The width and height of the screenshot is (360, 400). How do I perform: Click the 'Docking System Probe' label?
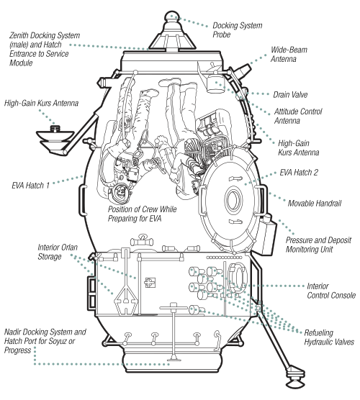(237, 29)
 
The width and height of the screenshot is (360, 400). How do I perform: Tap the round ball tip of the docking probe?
(171, 17)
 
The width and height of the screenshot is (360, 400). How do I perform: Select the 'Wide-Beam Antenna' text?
(289, 55)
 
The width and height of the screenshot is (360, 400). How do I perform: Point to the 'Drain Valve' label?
(290, 95)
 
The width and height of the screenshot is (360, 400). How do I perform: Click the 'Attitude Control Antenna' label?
(298, 116)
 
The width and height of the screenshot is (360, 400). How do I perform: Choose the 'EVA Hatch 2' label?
(299, 173)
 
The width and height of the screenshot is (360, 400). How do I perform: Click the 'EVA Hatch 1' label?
(30, 186)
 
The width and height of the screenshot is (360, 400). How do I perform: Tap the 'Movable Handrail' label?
(315, 204)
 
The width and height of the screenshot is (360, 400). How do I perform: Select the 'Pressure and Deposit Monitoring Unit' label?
(318, 245)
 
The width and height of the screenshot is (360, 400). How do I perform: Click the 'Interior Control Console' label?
(331, 291)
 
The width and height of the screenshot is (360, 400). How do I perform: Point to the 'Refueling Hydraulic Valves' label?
(329, 337)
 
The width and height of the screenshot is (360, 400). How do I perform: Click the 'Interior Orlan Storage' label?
(58, 252)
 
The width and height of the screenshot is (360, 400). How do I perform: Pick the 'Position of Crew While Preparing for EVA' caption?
(143, 214)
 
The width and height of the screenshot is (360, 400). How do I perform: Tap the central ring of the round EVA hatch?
(233, 200)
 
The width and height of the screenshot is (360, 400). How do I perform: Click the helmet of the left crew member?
(120, 193)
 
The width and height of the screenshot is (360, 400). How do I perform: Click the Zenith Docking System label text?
(45, 49)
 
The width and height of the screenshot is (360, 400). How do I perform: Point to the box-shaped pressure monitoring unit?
(266, 235)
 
